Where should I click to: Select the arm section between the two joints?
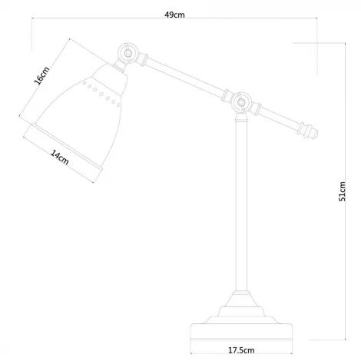183,77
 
